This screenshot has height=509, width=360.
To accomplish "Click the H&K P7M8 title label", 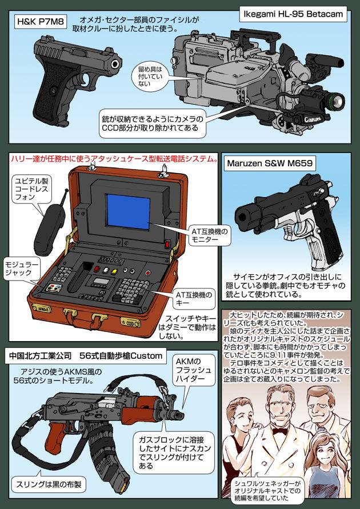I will coord(40,23).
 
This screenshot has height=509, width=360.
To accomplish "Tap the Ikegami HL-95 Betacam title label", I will coord(292,12).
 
